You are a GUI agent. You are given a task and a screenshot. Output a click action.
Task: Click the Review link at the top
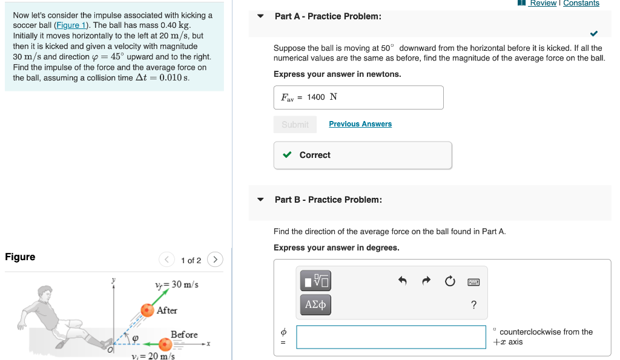coord(542,4)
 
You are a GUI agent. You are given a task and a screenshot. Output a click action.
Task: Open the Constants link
coord(581,4)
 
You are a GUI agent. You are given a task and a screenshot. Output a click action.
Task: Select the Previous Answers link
coord(360,124)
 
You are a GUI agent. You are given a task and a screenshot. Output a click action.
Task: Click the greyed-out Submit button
coord(295,124)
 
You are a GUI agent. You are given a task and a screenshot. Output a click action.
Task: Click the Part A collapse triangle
coord(260,16)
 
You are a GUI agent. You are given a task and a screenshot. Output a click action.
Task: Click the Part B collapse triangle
coord(260,200)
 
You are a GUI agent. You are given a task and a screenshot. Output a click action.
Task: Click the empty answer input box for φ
coord(391,337)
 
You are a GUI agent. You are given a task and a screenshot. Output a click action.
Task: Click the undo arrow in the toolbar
coord(402,281)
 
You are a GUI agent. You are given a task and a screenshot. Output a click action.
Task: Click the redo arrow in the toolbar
coord(426,281)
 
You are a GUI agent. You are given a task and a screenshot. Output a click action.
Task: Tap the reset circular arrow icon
coord(449,281)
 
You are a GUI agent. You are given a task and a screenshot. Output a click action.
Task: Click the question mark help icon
coord(473,304)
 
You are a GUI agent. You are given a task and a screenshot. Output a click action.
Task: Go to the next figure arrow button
coord(215,260)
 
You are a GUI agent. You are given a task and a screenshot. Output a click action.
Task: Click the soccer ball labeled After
coord(147,310)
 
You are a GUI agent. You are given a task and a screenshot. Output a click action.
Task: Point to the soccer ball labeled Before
coord(165,344)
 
